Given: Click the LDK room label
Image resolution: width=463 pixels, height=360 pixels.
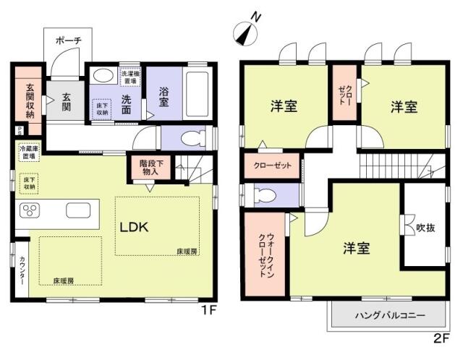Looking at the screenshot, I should point(134,227).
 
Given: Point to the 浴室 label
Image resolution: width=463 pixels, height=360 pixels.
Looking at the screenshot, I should point(163,97).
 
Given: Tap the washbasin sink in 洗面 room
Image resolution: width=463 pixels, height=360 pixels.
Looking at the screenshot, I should point(103,75).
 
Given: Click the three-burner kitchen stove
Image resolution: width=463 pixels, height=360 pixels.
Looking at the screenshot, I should point(31,210).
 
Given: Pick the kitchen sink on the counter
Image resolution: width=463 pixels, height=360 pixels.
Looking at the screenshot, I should point(77,210).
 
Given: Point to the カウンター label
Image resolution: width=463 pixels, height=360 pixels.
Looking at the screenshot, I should point(22,270).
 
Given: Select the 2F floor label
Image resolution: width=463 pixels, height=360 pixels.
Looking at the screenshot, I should point(443,338).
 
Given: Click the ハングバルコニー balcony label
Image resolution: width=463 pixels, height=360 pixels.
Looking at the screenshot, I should point(390,316).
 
